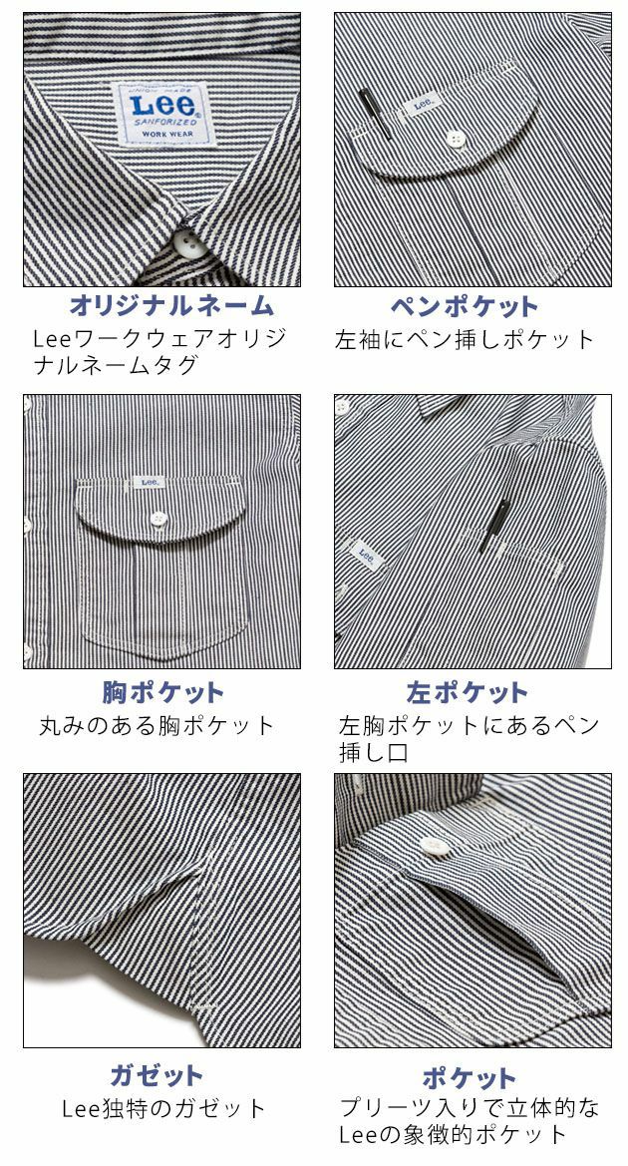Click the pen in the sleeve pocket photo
point(372,112)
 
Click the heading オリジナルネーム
point(170,305)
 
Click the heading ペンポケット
point(465,305)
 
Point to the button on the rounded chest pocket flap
point(157,518)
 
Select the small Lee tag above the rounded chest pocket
point(150,483)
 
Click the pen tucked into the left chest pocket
point(493,526)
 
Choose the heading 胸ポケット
point(162,692)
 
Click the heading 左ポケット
point(467,692)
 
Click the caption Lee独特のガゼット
point(163,1108)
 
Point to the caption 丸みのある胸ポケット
point(157,725)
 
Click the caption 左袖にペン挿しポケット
point(465,339)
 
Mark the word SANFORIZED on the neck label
point(157,117)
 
